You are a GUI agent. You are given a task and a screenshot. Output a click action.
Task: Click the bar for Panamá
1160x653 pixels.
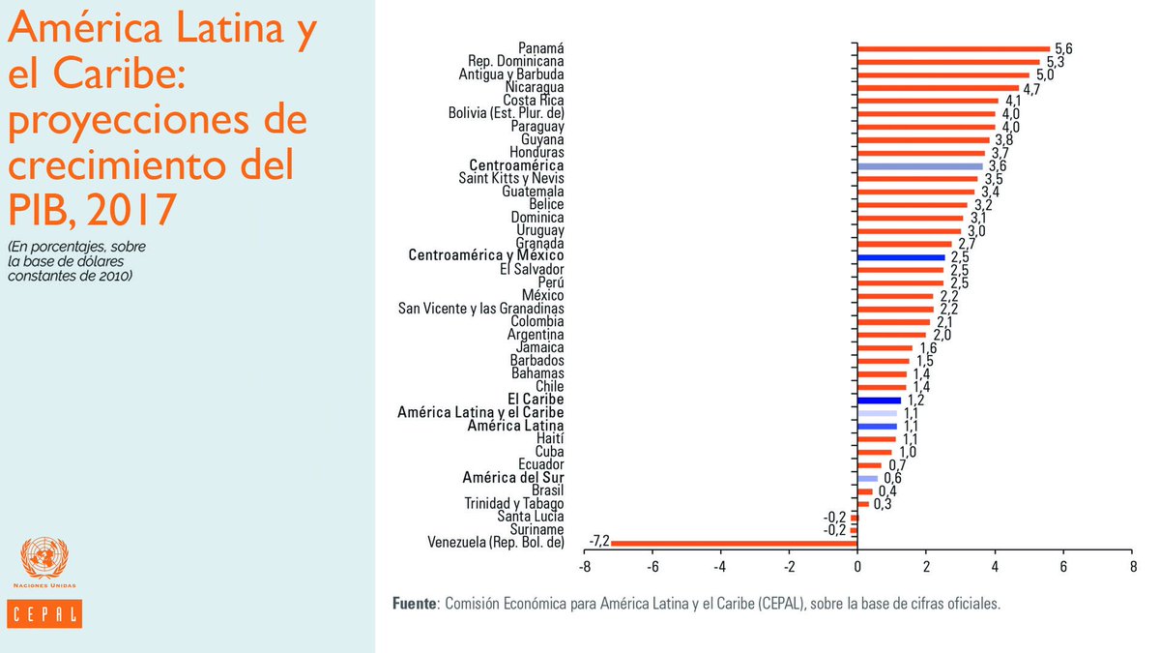(953, 48)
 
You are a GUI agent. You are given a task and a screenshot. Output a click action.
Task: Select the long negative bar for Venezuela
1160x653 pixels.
(734, 543)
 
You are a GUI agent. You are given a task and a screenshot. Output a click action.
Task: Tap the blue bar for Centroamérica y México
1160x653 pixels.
(901, 257)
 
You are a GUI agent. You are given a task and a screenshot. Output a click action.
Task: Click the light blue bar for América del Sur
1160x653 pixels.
(868, 478)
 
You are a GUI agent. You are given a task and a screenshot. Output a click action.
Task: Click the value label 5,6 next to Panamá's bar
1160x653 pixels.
(1064, 48)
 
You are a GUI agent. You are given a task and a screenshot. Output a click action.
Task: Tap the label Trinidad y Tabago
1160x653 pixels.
(514, 504)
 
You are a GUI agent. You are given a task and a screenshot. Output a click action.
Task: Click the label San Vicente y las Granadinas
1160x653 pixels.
(481, 309)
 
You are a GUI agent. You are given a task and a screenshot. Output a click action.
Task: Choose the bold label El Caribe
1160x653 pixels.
(536, 400)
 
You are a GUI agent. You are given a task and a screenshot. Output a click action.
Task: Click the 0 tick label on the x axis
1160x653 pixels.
(857, 567)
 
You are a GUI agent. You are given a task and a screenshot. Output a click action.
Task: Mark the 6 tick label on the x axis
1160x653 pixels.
(1063, 567)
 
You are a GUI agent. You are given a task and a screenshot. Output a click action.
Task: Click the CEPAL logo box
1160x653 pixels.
(44, 614)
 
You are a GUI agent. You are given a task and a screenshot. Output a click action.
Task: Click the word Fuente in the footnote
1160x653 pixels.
(414, 604)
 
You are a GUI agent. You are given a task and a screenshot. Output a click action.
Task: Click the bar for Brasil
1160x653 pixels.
(865, 490)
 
